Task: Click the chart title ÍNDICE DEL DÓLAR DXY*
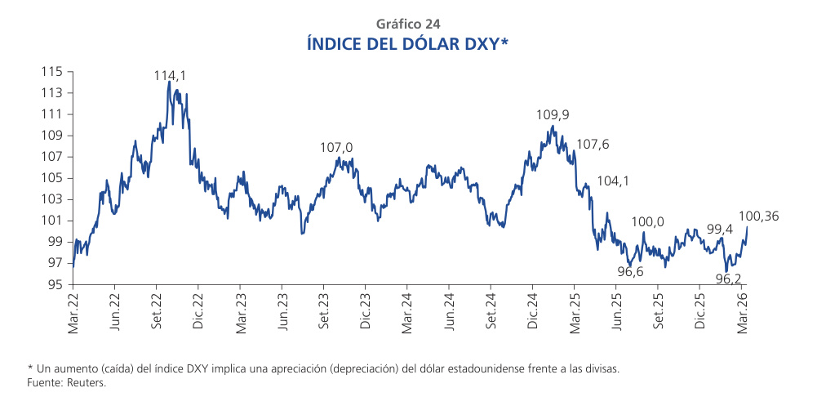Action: tap(408, 43)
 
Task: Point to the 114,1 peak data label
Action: tap(170, 75)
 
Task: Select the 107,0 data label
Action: tap(336, 147)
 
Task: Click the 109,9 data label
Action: tap(552, 115)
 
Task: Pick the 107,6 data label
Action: tap(593, 145)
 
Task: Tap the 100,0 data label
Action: tap(648, 221)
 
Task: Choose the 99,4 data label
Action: tap(719, 230)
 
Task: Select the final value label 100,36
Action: tap(758, 216)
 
